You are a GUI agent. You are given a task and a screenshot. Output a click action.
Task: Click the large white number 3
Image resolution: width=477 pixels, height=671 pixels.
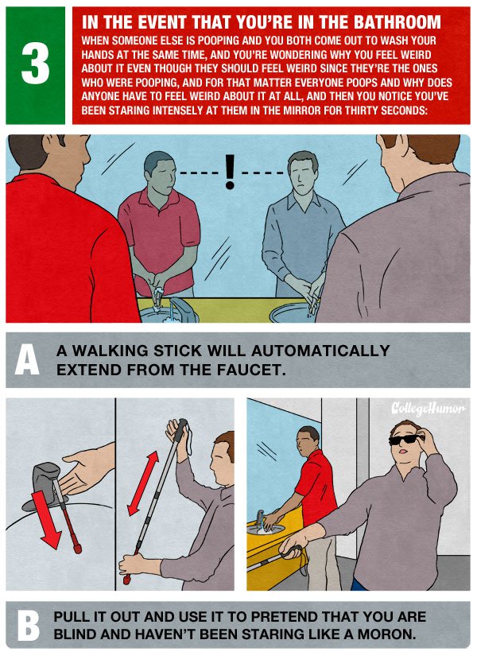coord(36,65)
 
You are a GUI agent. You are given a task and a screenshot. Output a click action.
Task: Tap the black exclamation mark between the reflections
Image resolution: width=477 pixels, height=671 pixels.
coord(230,171)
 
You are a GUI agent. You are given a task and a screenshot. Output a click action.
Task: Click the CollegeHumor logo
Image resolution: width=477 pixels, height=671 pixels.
coord(428,409)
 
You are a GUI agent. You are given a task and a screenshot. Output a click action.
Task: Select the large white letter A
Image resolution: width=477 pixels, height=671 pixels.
coord(27,359)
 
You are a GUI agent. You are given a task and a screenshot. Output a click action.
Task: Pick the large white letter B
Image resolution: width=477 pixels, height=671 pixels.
coord(28,625)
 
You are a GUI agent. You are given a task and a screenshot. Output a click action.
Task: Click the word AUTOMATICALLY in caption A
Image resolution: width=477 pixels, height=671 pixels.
coord(320,351)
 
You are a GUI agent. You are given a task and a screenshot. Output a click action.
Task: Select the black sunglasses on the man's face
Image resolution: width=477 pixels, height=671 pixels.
coord(405,439)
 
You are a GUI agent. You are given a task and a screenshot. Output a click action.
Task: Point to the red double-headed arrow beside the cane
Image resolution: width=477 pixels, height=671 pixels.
coord(143,483)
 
